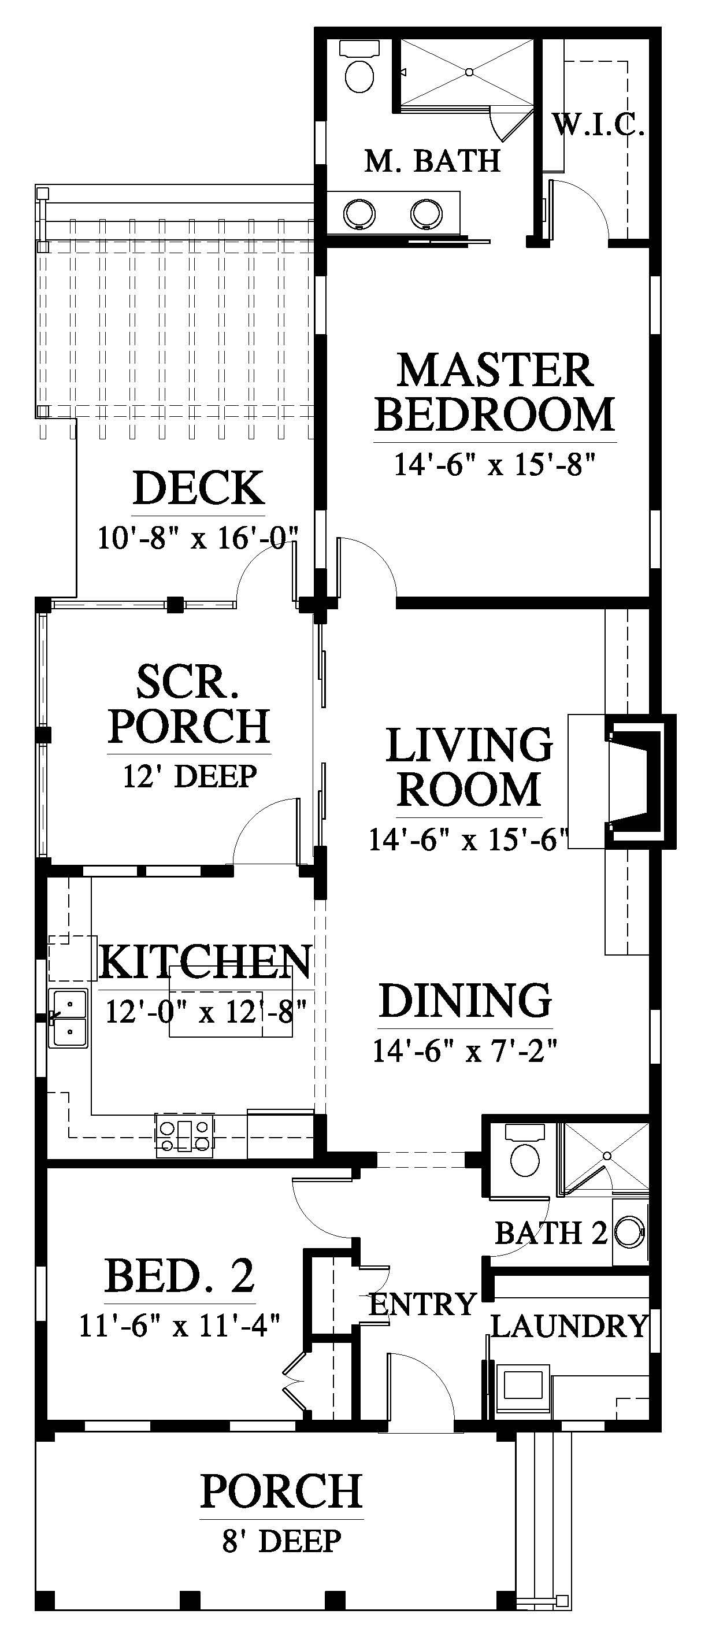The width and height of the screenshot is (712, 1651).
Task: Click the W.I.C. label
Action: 599,124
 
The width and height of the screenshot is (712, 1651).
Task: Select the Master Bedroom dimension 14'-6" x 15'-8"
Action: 495,464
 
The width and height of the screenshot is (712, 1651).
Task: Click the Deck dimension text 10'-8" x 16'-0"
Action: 199,536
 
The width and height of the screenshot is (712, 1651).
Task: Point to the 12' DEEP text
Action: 190,776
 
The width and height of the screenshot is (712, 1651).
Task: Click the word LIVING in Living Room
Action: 469,745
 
